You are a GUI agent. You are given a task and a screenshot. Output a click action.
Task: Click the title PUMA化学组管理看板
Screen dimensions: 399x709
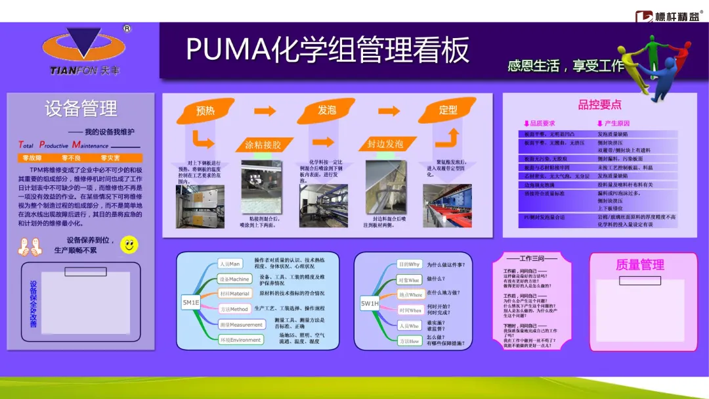coord(328,50)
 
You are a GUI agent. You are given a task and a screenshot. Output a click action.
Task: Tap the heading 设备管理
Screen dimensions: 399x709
coord(81,108)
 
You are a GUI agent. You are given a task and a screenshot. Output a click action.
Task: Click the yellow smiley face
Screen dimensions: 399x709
coord(129,245)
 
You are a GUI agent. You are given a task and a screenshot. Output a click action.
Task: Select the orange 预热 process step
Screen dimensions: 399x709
coord(205,111)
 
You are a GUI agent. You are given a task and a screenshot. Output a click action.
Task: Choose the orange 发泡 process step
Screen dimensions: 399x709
coord(326,110)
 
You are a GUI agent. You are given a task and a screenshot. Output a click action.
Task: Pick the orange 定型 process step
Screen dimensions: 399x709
coord(448,110)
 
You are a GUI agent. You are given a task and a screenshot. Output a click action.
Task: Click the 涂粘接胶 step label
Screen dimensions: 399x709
coord(263,145)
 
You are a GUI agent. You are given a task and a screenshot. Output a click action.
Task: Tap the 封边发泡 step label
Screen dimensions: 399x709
coord(385,144)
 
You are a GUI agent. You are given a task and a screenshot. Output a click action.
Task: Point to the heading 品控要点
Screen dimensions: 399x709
coord(599,105)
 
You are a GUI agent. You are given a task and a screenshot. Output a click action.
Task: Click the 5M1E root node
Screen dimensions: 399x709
coord(190,302)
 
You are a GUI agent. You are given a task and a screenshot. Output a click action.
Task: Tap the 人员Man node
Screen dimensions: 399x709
coord(230,264)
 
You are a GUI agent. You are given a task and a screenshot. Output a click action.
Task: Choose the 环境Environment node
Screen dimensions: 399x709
coord(240,340)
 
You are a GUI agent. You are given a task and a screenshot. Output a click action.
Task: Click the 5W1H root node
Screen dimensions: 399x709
coord(370,304)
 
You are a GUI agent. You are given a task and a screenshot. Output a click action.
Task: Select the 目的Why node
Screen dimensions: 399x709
coord(409,264)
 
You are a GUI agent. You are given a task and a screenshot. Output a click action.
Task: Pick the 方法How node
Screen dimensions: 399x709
coord(409,341)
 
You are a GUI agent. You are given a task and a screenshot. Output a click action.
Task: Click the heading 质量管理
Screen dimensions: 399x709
coord(639,265)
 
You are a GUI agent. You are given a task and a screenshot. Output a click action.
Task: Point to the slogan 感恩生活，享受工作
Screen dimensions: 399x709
coord(565,66)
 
